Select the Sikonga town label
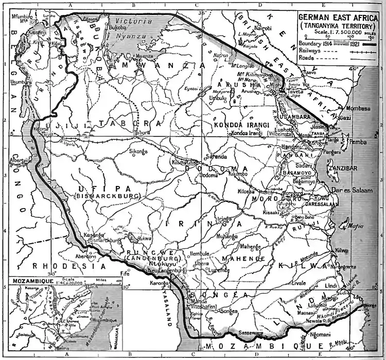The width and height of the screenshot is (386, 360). [x=138, y=152]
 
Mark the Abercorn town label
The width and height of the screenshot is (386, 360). [x=85, y=256]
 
